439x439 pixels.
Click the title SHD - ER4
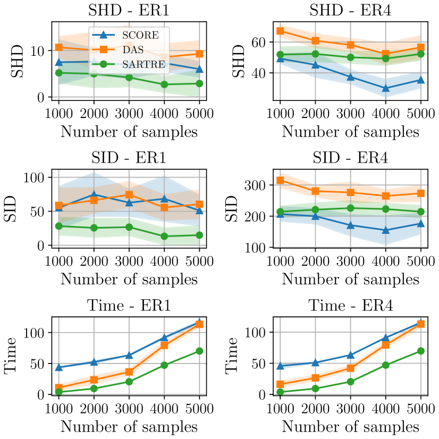point(350,10)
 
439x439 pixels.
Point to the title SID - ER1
point(129,157)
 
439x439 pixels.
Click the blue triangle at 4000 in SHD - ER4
point(386,88)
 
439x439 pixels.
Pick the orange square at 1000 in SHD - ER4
point(280,31)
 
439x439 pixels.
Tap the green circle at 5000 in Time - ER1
point(199,351)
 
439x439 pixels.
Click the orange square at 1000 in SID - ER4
point(280,181)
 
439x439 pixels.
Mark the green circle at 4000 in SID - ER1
point(164,236)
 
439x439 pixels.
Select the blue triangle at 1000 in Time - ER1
point(58,367)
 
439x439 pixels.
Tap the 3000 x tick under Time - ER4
point(350,409)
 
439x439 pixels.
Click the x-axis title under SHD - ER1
point(129,131)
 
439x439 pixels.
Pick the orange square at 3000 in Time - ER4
point(350,368)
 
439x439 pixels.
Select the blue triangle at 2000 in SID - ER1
point(94,195)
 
